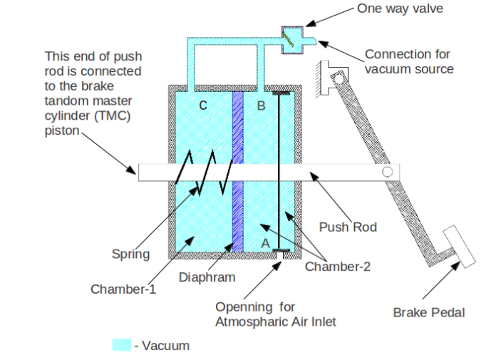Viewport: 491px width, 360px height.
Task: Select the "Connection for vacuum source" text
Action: (x=409, y=61)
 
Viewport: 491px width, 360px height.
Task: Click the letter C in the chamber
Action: (x=203, y=106)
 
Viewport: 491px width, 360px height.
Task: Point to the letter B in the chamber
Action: (x=261, y=106)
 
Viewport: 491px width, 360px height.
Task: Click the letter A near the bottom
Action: (x=265, y=242)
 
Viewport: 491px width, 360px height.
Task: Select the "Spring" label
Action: (x=130, y=254)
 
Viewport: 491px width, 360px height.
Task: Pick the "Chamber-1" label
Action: (x=123, y=289)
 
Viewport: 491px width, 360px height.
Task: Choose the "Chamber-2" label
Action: (x=337, y=266)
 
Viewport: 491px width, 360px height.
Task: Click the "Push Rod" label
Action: (x=348, y=227)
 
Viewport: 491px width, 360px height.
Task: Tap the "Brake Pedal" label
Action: (x=428, y=312)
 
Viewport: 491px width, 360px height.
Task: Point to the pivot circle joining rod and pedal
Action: (x=387, y=172)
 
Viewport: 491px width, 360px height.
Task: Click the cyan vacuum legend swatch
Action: (x=122, y=345)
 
